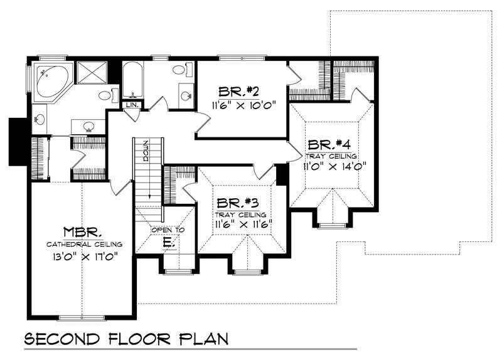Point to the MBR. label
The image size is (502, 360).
[x=83, y=231]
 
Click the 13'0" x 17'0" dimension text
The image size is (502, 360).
[x=83, y=257]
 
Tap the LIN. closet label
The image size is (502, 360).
[x=132, y=105]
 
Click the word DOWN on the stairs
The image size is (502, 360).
[x=145, y=150]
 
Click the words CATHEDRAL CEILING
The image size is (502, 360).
[x=83, y=244]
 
